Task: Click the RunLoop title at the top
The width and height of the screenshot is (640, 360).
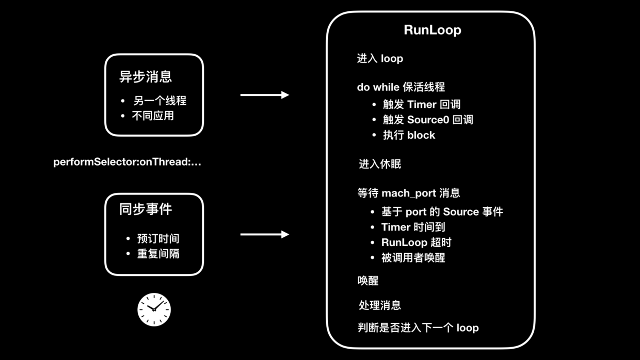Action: [432, 30]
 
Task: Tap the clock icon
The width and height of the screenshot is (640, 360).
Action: [154, 309]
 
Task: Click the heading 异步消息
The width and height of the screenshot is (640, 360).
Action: [146, 77]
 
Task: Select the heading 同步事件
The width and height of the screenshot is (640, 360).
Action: [146, 209]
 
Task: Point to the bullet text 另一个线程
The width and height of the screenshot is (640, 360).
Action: [159, 101]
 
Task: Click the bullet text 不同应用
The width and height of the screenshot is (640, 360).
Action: [153, 116]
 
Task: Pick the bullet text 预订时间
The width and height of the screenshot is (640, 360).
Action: [158, 239]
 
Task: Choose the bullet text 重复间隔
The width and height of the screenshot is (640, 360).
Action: [158, 254]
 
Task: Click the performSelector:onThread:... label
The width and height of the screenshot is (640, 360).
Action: [127, 162]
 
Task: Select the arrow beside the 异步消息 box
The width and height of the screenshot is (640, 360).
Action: [264, 95]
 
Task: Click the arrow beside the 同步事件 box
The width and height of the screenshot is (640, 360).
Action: [264, 235]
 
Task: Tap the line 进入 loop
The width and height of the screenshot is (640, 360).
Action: [380, 59]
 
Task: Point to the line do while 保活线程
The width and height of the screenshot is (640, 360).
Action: [401, 87]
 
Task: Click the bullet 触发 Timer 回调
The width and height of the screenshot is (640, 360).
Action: [421, 104]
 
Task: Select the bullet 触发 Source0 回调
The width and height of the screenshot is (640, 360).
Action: [427, 120]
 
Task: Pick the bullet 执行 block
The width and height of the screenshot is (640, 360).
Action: [409, 135]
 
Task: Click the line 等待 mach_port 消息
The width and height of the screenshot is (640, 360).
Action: [408, 193]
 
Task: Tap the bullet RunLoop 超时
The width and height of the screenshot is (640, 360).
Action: [416, 242]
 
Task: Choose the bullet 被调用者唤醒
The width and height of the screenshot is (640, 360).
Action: [413, 258]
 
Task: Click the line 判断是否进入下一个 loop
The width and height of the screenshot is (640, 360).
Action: [418, 328]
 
